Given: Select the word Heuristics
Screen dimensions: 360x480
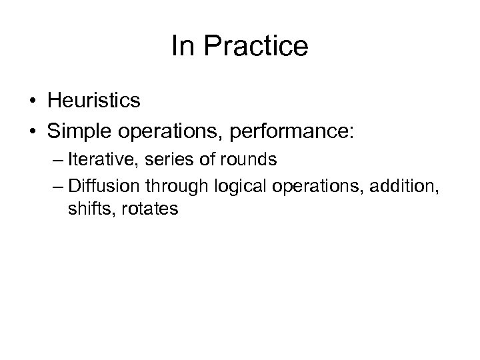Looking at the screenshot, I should pyautogui.click(x=94, y=101).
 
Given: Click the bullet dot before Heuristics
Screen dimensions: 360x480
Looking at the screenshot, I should pyautogui.click(x=34, y=101).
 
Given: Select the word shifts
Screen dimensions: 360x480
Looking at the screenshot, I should pyautogui.click(x=85, y=209).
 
